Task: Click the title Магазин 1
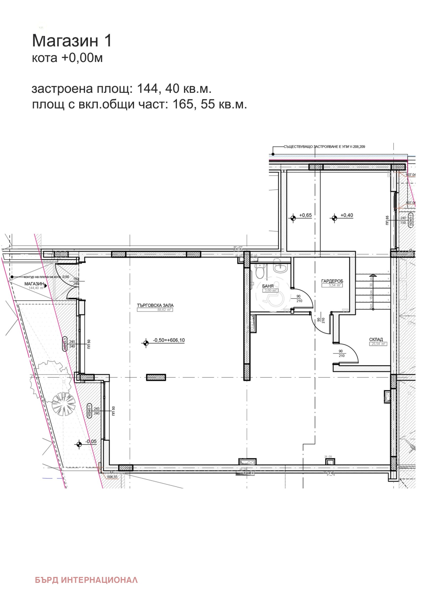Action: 72,41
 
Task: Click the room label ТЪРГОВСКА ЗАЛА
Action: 155,305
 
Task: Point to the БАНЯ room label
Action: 268,286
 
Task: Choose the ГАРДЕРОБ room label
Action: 332,281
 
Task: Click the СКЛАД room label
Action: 376,339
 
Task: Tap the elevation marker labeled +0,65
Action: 293,218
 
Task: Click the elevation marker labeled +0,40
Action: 334,218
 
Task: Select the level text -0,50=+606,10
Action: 169,340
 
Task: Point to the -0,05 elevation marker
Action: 79,445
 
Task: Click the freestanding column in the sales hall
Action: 156,377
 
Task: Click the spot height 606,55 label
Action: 112,477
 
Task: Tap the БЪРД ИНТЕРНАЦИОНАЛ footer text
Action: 86,580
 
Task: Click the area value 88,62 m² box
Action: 155,310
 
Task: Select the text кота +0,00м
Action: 67,58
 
